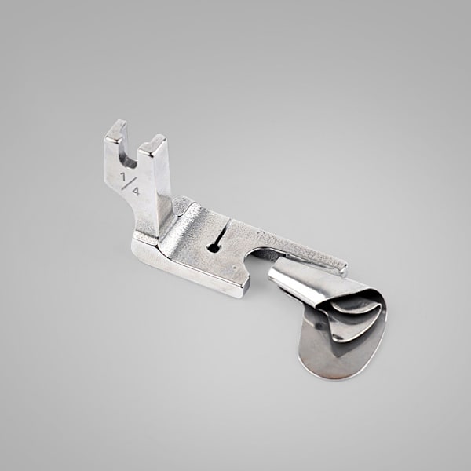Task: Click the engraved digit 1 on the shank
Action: (123, 177)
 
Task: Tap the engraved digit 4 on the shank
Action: (136, 191)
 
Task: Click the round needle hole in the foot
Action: (214, 248)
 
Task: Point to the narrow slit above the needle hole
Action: (222, 232)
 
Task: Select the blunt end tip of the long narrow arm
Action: (343, 268)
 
